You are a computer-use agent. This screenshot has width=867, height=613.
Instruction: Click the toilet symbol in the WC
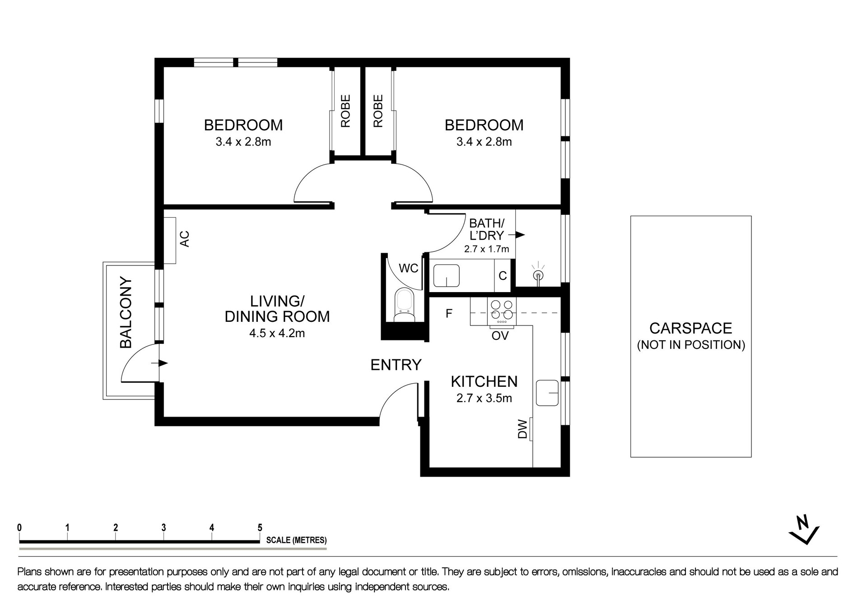click(404, 305)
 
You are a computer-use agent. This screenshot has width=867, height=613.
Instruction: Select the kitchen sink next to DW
click(547, 393)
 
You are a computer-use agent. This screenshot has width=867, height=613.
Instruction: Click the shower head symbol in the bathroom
click(538, 275)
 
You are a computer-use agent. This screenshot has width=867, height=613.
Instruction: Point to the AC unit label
click(185, 239)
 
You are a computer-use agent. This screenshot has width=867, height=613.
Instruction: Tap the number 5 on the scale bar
click(260, 527)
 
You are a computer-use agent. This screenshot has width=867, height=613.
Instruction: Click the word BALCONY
click(126, 313)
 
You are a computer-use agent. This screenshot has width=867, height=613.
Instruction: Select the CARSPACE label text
click(690, 328)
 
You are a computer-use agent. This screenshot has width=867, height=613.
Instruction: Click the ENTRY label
click(396, 365)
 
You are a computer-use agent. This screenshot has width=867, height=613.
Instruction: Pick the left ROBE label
click(345, 111)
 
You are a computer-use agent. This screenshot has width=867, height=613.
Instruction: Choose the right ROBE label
click(378, 111)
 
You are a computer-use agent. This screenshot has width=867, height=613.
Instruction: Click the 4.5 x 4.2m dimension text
click(277, 334)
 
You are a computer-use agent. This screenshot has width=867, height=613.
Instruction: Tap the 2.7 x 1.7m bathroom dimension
click(486, 249)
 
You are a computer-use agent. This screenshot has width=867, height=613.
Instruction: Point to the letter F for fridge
click(449, 313)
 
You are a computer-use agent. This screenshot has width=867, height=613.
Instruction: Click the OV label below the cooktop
click(500, 336)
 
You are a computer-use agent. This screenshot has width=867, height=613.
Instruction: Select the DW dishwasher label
click(522, 429)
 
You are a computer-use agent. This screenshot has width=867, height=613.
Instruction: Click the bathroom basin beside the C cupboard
click(447, 276)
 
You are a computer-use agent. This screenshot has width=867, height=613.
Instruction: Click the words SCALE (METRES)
click(296, 540)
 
